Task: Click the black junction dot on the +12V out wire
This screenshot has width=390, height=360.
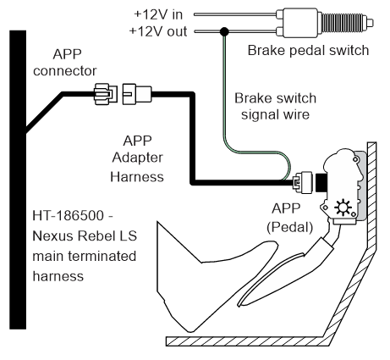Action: [224, 31]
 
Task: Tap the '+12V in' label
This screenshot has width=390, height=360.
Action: [158, 14]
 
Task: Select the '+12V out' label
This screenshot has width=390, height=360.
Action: [158, 31]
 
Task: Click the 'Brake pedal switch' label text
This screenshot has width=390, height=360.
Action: [308, 51]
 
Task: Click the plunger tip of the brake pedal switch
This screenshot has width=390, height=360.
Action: [370, 22]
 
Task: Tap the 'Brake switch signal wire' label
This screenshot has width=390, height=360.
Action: [275, 106]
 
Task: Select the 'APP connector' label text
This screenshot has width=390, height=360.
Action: [65, 62]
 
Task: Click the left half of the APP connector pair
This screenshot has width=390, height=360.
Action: [106, 94]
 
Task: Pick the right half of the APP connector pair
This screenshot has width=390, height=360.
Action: [137, 94]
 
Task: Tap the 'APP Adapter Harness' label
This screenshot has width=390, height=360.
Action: [137, 158]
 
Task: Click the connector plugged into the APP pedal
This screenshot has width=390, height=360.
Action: [303, 182]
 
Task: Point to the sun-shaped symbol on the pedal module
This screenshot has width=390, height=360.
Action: [343, 208]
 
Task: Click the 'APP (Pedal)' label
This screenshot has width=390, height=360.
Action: [290, 218]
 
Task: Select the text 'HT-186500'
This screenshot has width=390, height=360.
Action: [69, 216]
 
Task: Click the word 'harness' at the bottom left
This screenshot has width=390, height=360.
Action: [58, 276]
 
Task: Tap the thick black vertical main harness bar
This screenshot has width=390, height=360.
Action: [18, 180]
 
